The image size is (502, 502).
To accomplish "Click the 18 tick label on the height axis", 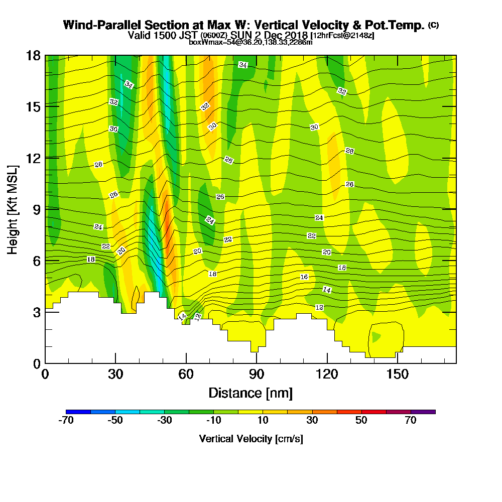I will point(33,55).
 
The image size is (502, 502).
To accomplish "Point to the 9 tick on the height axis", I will point(36,209).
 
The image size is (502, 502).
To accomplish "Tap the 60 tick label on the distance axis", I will point(186,374).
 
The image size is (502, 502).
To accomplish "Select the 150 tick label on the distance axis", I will point(397,374).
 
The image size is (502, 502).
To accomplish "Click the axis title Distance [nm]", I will point(250,393).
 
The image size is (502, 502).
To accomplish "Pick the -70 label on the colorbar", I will point(66,421).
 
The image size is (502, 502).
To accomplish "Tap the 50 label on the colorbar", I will point(361,421).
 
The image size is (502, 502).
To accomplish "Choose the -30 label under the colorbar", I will point(164,421).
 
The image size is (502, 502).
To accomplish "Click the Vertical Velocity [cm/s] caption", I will point(250,439).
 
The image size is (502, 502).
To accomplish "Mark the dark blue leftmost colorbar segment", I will point(78,412).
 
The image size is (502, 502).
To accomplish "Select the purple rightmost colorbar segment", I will point(423,412).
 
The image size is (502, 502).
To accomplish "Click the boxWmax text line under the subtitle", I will point(250,42).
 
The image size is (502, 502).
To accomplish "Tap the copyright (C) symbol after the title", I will point(433,25).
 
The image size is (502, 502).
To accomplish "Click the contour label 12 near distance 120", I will point(319,307).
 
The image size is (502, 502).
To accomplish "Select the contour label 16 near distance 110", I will point(304,277).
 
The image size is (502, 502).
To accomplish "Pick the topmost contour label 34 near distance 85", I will point(243,65).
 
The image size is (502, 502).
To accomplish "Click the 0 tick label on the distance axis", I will point(45,374).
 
